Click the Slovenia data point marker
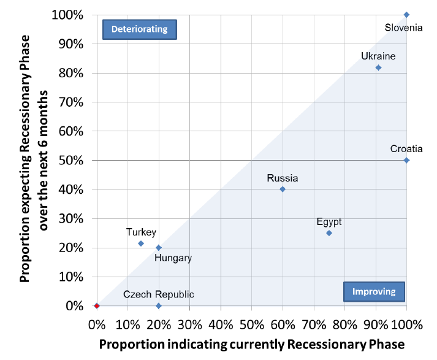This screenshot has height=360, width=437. point(406,15)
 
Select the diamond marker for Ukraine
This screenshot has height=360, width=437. point(378,67)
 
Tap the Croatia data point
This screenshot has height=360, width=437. point(406,160)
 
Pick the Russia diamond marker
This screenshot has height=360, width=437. point(283,189)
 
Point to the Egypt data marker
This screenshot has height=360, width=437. point(329,233)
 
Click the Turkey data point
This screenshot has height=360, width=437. point(141,243)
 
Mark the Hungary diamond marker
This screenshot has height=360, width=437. point(159,248)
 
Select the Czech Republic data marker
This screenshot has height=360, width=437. point(159,305)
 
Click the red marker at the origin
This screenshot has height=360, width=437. point(97,305)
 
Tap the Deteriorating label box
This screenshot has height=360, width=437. point(139,29)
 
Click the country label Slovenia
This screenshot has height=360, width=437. point(403,28)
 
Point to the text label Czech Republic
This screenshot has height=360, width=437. point(159,294)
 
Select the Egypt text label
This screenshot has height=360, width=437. point(329,222)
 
